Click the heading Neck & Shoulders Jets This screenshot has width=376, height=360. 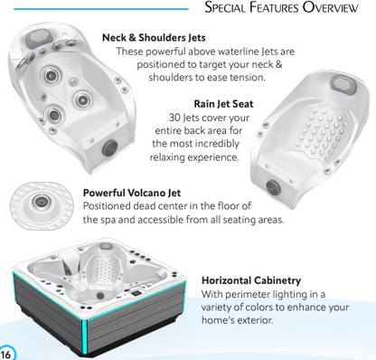(x=154, y=38)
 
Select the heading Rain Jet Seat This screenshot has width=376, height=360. (x=223, y=104)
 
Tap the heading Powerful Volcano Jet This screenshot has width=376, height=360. (x=132, y=193)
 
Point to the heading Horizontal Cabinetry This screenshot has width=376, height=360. (x=251, y=280)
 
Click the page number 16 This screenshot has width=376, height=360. (x=5, y=354)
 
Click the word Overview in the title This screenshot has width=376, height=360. (x=331, y=7)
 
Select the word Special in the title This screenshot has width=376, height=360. (x=225, y=7)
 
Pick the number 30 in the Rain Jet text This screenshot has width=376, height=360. (x=174, y=118)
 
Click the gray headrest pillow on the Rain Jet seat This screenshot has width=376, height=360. (x=343, y=83)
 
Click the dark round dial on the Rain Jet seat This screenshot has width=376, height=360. (x=273, y=187)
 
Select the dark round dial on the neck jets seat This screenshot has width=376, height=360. (x=109, y=147)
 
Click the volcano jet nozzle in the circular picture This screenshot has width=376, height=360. (x=41, y=202)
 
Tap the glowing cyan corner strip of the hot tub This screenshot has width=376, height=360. (x=84, y=337)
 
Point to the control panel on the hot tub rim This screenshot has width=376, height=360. (x=135, y=292)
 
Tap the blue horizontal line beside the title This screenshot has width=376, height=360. (x=101, y=9)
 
